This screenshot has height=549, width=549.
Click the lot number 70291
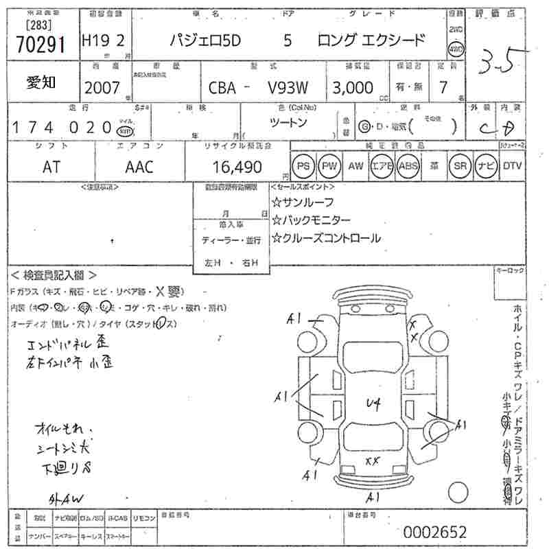click(x=39, y=44)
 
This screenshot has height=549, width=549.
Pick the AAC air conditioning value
click(x=139, y=167)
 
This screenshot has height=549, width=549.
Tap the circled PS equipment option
click(x=303, y=165)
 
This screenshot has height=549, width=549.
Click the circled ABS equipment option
click(x=407, y=165)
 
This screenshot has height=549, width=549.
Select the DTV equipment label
click(x=512, y=165)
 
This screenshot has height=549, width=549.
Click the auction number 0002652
click(x=434, y=532)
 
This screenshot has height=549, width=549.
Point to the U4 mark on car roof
click(x=373, y=403)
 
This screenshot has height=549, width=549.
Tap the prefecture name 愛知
click(x=40, y=82)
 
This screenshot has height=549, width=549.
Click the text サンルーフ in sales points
click(x=303, y=202)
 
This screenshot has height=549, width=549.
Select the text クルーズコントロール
click(x=326, y=238)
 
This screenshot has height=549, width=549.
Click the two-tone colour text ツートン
click(x=289, y=122)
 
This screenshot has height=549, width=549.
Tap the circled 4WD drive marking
click(x=454, y=50)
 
